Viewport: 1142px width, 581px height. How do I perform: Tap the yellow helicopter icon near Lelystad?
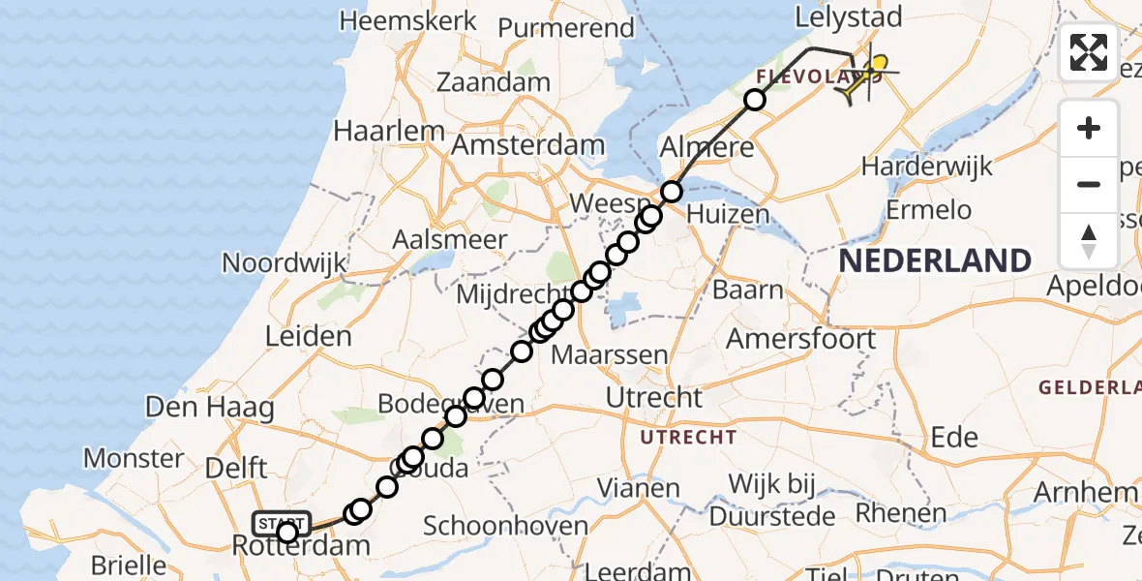(861, 76)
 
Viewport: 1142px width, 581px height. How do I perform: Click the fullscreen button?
(1089, 52)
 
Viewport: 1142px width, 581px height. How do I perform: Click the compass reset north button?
(1089, 240)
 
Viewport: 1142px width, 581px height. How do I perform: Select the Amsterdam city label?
(528, 146)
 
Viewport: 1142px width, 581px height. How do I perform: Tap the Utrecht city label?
(653, 397)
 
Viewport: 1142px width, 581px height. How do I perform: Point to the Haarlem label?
(389, 131)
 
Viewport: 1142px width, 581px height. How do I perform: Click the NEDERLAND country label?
(934, 260)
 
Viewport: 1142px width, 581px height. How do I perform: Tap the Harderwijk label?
(926, 166)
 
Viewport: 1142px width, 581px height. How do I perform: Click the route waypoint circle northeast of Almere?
(754, 100)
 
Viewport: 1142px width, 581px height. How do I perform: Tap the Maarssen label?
(610, 354)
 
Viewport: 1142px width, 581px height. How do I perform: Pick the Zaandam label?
(494, 82)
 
